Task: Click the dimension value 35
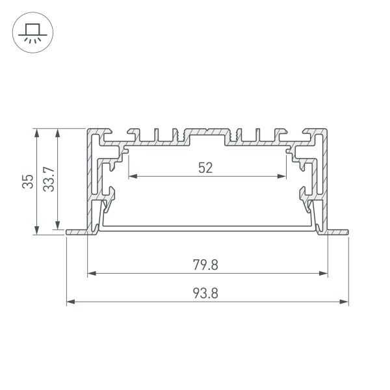click(x=27, y=181)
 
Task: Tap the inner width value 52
click(x=205, y=168)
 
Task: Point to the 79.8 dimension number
click(x=205, y=265)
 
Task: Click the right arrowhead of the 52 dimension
click(x=283, y=176)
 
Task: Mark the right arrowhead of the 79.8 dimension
click(x=324, y=274)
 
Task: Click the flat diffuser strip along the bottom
click(x=207, y=228)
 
